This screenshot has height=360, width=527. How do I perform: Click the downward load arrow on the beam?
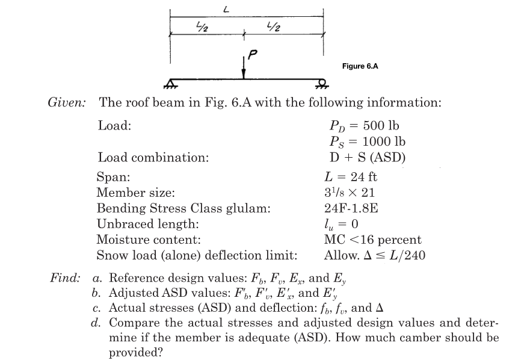tap(244, 68)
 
